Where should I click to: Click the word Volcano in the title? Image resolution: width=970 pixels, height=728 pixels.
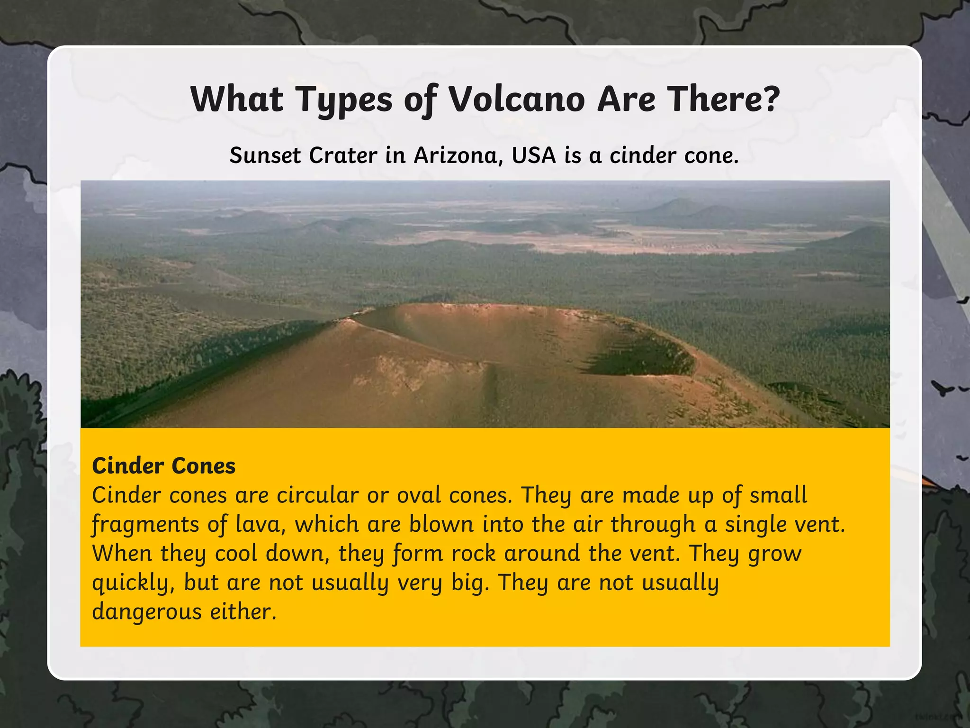coord(516,100)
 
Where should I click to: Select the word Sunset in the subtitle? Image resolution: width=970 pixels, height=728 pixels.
coord(265,155)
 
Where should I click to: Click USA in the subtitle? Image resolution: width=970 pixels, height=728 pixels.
coord(533,155)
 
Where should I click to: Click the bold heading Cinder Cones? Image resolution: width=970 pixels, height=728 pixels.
coord(163,466)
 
